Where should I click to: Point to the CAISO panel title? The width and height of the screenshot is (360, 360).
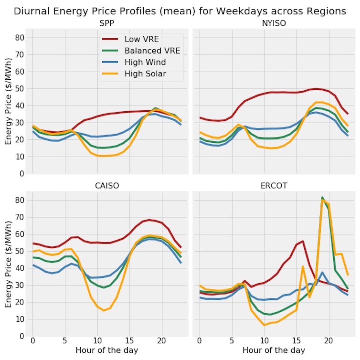(107, 185)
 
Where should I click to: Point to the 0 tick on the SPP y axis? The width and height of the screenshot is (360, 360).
(21, 174)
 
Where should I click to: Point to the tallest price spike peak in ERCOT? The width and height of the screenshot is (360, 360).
(323, 197)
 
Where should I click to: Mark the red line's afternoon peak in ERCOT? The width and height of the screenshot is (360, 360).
(303, 241)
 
